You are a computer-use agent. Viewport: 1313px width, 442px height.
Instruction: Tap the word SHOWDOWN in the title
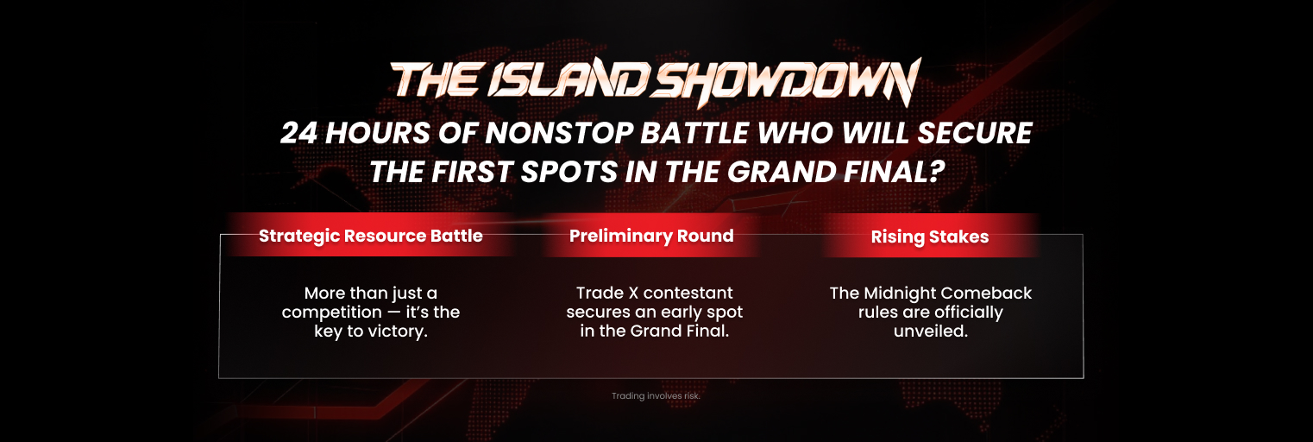click(785, 82)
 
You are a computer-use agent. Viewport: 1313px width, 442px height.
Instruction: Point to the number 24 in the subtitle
click(298, 133)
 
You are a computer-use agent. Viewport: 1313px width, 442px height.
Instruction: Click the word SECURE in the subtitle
click(974, 133)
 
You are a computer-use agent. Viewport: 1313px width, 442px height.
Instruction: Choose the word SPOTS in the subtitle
click(569, 172)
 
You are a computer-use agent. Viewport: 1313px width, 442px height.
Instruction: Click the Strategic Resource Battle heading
click(370, 236)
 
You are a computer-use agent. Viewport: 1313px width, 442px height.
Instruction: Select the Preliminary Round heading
click(651, 236)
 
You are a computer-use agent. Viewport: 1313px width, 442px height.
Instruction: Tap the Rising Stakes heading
click(930, 237)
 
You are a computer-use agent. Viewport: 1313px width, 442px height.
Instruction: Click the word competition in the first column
click(331, 313)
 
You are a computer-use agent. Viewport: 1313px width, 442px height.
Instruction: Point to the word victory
click(396, 331)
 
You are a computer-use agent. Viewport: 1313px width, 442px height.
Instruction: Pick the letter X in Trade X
click(633, 294)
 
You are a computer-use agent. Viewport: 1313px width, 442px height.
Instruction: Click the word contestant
click(688, 294)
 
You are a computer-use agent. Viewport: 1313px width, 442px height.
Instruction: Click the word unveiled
click(930, 331)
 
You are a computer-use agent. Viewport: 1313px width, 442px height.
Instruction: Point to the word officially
click(964, 313)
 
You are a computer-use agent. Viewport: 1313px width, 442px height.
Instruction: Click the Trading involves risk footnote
click(656, 395)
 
